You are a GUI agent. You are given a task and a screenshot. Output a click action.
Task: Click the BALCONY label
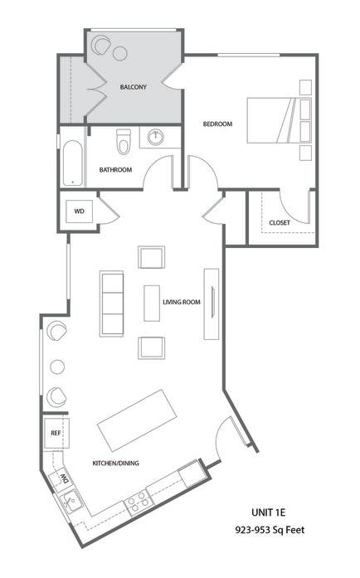[134, 87]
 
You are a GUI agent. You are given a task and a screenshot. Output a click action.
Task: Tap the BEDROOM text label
[217, 124]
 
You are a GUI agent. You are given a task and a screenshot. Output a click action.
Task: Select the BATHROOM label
[115, 170]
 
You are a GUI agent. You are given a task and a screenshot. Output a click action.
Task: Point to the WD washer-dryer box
[80, 211]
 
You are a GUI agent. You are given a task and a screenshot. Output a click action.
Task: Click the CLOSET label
[280, 222]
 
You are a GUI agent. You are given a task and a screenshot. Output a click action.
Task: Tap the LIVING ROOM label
[182, 303]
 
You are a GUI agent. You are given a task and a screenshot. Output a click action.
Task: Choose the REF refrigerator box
[56, 433]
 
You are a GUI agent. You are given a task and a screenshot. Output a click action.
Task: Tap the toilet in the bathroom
[124, 143]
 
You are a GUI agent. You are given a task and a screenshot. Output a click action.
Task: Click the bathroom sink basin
[155, 137]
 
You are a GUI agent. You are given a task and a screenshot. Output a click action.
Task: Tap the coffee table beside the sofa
[151, 303]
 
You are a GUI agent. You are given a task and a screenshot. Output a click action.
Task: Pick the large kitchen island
[139, 420]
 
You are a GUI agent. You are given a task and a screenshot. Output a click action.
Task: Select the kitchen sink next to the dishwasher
[71, 501]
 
